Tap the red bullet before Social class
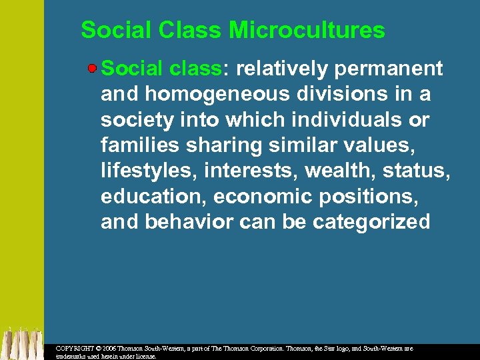click(94, 68)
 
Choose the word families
click(136, 145)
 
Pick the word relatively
click(281, 69)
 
